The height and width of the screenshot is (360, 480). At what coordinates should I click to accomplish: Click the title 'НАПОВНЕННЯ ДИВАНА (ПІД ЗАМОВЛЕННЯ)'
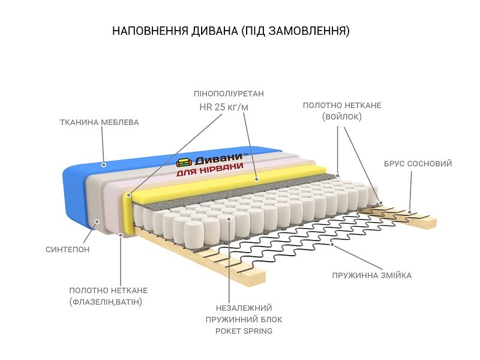(231, 31)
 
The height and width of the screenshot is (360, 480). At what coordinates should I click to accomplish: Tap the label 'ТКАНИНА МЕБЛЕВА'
(100, 122)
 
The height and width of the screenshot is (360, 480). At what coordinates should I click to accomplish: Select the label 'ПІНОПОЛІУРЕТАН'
(229, 94)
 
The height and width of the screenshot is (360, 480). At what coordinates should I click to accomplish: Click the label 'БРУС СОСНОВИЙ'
(418, 164)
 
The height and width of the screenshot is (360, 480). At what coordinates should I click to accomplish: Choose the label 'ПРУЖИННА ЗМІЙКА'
(372, 276)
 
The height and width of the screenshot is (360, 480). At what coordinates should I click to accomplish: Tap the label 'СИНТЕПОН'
(68, 249)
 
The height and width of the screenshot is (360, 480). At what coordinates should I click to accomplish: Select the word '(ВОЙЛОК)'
(342, 117)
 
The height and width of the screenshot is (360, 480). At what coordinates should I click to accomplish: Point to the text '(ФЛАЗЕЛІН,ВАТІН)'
(106, 301)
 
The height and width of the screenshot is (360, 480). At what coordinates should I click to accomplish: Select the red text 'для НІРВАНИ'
(210, 171)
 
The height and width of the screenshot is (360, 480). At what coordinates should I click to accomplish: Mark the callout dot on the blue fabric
(103, 164)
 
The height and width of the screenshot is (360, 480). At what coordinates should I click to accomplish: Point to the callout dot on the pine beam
(410, 211)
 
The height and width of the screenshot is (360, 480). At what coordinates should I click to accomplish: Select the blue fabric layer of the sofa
(75, 192)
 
